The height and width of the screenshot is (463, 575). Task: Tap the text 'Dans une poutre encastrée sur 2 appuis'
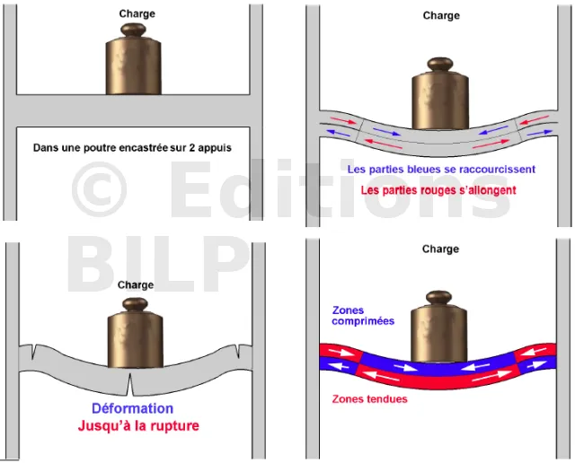coord(132,148)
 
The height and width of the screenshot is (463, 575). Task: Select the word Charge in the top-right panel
coord(440,15)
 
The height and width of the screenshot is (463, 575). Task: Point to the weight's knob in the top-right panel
coord(439,66)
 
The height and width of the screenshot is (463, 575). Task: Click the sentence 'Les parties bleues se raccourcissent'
coord(440,169)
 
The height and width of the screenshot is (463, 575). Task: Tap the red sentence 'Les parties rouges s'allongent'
coord(438,190)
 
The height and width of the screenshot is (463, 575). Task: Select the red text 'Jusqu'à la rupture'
coord(137,425)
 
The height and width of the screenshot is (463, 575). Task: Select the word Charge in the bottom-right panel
coord(440,249)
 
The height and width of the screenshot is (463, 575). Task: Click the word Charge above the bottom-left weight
coord(135,284)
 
